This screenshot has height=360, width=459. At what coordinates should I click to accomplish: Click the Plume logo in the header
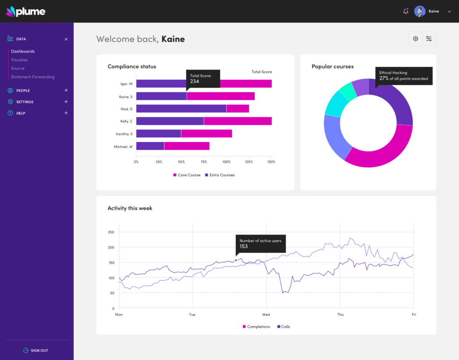tap(26, 11)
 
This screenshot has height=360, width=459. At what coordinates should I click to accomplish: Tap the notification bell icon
tap(406, 11)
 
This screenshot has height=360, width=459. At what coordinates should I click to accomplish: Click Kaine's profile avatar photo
tap(420, 11)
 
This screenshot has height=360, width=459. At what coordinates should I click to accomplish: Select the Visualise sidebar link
tap(19, 60)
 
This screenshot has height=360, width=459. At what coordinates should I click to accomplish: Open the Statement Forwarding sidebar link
tap(33, 77)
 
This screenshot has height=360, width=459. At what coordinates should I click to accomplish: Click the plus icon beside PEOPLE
tap(66, 90)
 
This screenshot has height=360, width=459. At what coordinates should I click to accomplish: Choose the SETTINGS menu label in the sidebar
tap(25, 102)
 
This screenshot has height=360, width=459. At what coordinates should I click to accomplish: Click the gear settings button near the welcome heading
tap(416, 39)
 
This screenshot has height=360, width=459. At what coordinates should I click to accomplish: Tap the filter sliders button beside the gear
tap(429, 39)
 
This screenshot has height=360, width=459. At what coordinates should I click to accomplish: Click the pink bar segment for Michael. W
tap(186, 146)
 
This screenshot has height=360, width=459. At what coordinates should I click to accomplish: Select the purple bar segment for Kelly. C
tap(170, 121)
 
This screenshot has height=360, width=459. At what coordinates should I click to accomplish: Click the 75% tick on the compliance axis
tap(204, 162)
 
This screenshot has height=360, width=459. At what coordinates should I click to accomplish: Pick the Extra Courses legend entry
tap(220, 175)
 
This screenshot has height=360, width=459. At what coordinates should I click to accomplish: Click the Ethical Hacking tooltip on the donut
tap(403, 76)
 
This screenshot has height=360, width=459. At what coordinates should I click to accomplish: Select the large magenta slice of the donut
tap(381, 150)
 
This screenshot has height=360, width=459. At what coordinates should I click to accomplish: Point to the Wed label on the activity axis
tap(266, 315)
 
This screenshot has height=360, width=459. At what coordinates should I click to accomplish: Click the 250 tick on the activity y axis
tap(111, 232)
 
